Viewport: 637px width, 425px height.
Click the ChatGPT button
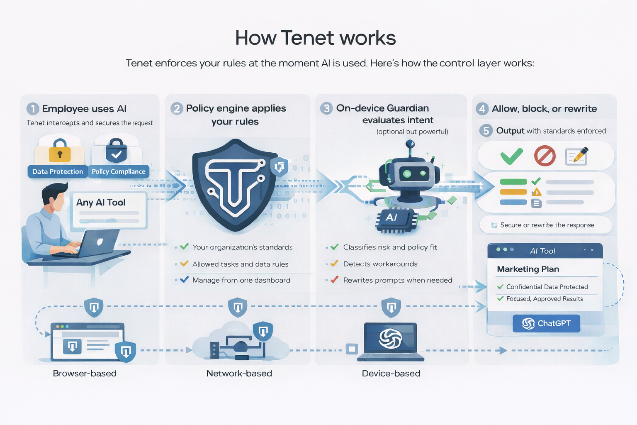coord(546,323)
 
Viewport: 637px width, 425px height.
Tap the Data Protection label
coord(58,171)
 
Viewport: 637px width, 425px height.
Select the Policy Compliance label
coord(119,171)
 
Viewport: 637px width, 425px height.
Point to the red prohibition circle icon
coord(545,156)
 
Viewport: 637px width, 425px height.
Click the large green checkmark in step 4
coord(511,156)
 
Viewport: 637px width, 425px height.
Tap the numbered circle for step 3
coord(326,108)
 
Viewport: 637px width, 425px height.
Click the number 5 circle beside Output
coord(486,131)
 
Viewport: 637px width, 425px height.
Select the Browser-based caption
coord(85,373)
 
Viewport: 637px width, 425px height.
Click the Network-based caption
coord(239,373)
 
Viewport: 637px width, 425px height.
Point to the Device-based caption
coord(391,373)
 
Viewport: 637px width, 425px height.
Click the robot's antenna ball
coord(410,144)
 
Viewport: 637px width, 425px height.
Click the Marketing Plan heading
coord(528,269)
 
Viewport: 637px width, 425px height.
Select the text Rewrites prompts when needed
coord(397,280)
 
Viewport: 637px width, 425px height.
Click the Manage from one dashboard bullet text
coord(241,280)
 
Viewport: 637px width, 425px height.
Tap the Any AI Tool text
coord(101,202)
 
